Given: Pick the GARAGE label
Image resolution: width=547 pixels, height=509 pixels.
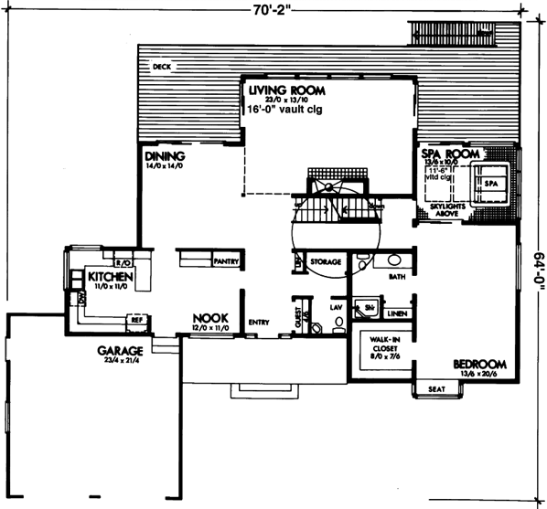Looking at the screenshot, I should (121, 350).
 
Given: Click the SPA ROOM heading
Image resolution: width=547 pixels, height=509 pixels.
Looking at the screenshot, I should (450, 155).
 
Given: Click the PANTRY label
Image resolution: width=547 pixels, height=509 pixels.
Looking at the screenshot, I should (225, 261).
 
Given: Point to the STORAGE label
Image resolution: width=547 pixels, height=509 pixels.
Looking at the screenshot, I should (325, 262).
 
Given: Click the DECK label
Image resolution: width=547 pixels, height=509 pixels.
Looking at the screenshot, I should (162, 67).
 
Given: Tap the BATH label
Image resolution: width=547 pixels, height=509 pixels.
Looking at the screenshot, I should (396, 275).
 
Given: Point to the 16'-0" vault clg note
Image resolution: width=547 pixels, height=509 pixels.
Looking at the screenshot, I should (292, 108).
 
